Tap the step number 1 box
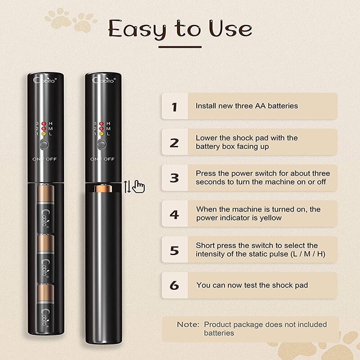pos(175,106)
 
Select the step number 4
pos(174,214)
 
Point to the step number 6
pos(174,285)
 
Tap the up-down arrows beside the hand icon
pos(127,187)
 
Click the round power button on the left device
pos(44,144)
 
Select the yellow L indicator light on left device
pos(44,134)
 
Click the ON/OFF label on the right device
pos(102,159)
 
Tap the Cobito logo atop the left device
pos(45,80)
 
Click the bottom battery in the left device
pos(46,308)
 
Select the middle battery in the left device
pos(46,258)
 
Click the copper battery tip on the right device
pos(103,188)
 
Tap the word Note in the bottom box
pos(188,324)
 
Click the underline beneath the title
pos(180,47)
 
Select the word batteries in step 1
pos(283,106)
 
